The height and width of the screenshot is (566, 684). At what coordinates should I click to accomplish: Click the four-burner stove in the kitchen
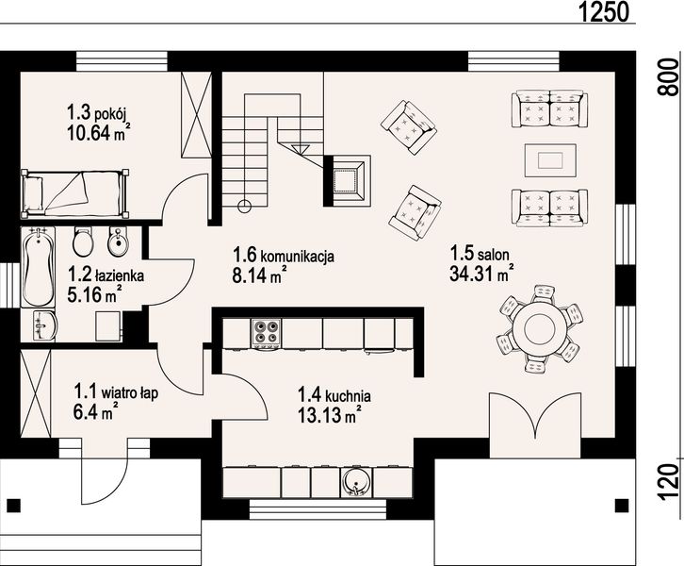[x=266, y=332]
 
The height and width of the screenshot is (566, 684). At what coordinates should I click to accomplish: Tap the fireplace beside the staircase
[x=348, y=177]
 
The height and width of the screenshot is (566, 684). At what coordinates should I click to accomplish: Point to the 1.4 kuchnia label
[x=334, y=396]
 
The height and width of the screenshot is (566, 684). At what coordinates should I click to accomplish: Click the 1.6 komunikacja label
[x=284, y=255]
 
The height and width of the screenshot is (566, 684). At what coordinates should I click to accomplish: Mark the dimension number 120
[x=667, y=480]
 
